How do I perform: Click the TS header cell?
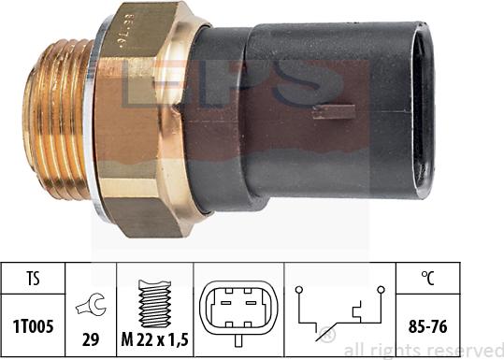tap(33, 277)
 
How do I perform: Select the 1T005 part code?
tap(33, 329)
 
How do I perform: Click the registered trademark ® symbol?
tap(327, 336)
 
